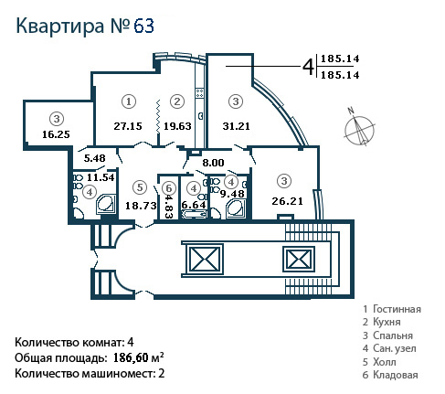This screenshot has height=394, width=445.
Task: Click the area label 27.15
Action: (128, 126)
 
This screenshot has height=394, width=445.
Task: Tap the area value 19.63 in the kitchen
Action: (177, 126)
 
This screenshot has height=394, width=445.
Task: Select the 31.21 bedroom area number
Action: (236, 126)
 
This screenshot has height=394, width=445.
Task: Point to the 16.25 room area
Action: (56, 134)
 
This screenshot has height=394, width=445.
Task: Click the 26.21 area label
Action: (287, 201)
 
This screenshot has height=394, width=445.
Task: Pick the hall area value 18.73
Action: (141, 206)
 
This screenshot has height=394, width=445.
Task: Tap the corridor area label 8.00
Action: (213, 163)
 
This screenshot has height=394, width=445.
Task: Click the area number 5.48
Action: (95, 158)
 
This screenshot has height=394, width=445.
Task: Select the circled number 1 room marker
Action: (129, 101)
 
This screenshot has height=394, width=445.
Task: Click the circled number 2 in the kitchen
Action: (177, 101)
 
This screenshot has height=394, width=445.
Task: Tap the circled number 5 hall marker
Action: (140, 187)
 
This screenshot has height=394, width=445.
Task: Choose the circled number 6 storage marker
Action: (169, 188)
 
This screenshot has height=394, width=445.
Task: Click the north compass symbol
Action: (359, 128)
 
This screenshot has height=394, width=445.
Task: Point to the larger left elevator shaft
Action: (205, 259)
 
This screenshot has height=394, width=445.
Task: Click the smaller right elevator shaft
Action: (299, 260)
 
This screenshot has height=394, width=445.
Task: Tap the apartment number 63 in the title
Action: (143, 26)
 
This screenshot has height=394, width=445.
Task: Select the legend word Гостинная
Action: (397, 309)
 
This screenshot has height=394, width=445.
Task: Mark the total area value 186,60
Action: (131, 357)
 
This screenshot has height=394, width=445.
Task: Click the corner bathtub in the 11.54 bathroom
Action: (106, 204)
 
